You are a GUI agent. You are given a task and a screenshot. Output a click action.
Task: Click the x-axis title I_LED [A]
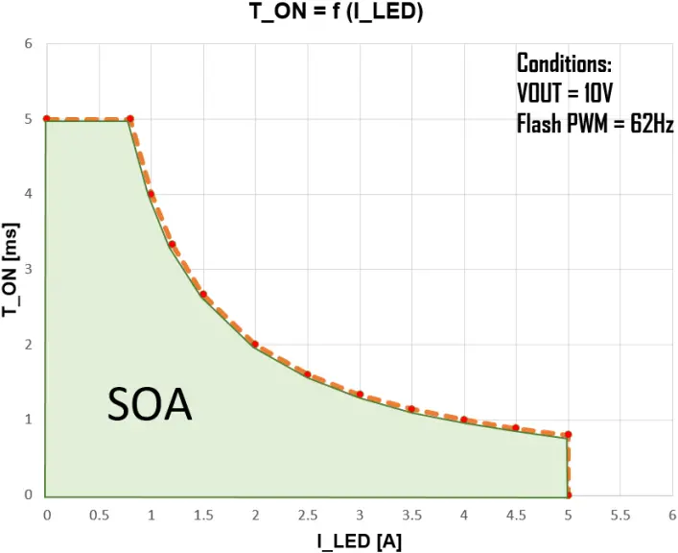click(x=360, y=541)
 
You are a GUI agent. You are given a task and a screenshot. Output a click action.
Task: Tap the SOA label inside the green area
click(x=150, y=406)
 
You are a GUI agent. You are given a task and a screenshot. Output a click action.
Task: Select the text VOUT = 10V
click(x=564, y=94)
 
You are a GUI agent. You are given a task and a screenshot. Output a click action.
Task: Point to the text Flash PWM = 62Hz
click(x=595, y=123)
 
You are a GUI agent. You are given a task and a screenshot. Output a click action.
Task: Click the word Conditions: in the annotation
click(x=564, y=64)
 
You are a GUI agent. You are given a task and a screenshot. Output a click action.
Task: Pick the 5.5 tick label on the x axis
click(x=620, y=516)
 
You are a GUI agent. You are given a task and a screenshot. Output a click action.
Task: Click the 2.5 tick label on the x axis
click(x=307, y=516)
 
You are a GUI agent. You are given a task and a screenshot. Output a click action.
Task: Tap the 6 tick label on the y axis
click(x=29, y=44)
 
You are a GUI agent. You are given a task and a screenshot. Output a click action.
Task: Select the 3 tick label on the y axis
click(x=29, y=270)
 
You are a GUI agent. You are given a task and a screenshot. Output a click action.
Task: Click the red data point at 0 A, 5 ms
click(x=46, y=119)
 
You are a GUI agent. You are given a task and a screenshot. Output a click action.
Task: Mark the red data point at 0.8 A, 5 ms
click(x=130, y=119)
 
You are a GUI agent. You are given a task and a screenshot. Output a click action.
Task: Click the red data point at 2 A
click(x=255, y=344)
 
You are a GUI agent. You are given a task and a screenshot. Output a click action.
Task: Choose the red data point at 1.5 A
click(x=203, y=294)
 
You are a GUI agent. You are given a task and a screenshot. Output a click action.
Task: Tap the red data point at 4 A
click(x=463, y=420)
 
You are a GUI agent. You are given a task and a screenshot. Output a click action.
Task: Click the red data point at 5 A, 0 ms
click(x=568, y=495)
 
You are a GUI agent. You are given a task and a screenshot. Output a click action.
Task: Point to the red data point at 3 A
click(x=360, y=394)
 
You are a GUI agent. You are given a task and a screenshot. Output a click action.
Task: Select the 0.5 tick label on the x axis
click(x=99, y=516)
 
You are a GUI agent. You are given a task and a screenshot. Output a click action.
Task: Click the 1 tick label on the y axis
click(x=29, y=420)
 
